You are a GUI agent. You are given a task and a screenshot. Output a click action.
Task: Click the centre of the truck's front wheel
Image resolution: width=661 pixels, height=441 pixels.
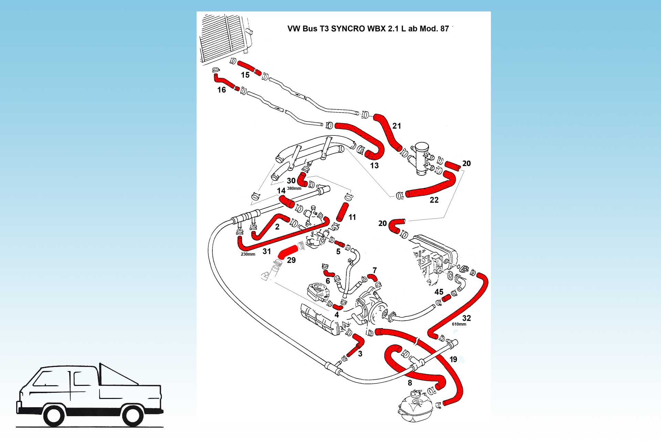[54, 416]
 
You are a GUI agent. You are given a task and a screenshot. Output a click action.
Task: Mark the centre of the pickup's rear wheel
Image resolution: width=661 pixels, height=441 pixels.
[133, 416]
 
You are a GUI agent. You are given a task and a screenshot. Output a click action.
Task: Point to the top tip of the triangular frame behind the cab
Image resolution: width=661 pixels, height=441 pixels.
[100, 363]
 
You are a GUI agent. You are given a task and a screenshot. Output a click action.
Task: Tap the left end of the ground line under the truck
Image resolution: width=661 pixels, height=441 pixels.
[16, 427]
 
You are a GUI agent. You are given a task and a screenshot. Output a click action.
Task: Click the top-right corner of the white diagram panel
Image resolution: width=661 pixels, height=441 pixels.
[491, 12]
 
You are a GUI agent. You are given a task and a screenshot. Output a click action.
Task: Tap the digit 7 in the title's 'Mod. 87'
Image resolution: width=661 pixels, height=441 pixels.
[446, 29]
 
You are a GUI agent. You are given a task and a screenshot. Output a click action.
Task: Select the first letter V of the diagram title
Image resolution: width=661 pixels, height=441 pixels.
[290, 29]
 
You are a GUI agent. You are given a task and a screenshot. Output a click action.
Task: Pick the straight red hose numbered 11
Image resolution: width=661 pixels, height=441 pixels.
[343, 212]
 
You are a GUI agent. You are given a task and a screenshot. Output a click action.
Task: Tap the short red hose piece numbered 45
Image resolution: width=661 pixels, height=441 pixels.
[446, 298]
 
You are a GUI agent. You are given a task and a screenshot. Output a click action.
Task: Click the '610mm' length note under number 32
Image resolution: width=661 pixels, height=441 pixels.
[459, 324]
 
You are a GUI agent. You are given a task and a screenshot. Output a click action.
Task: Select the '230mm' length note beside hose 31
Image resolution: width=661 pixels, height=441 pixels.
[248, 254]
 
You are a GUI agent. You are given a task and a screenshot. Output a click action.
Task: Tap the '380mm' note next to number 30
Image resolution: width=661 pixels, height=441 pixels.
[294, 188]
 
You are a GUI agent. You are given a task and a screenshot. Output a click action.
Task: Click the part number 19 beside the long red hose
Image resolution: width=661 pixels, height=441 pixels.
[453, 359]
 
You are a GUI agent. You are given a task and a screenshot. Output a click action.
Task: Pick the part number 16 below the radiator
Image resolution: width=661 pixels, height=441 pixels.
[221, 90]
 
